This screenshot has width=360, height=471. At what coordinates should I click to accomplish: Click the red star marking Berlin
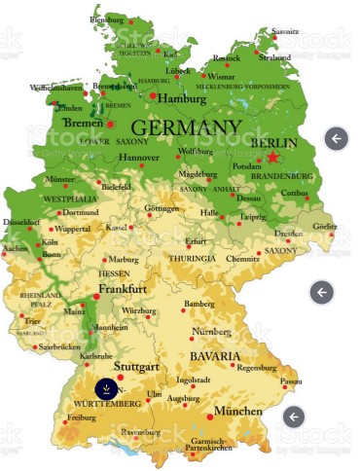273,157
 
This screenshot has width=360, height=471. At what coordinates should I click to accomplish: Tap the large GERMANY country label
185,128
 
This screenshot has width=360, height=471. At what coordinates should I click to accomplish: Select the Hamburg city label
183,98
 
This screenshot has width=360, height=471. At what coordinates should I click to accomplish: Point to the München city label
239,412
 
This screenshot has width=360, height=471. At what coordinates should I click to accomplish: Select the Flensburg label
108,18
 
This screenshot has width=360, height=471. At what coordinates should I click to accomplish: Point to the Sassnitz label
286,31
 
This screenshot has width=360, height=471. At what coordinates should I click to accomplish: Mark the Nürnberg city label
211,332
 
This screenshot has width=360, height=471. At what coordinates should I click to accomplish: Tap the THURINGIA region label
192,259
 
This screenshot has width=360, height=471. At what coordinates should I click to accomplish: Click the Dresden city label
288,234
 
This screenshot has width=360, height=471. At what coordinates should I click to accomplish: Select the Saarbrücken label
58,346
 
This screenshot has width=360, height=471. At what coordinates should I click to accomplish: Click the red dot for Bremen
110,125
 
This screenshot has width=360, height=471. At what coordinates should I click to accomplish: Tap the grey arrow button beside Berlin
336,138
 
